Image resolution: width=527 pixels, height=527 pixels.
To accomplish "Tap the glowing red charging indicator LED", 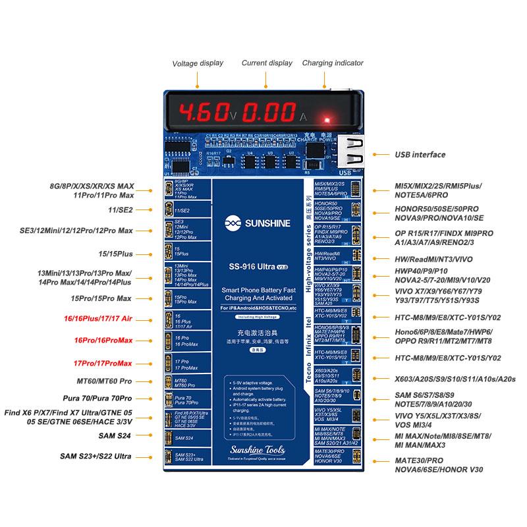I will (x=325, y=120).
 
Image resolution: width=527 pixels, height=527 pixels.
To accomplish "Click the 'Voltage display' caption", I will (x=198, y=64).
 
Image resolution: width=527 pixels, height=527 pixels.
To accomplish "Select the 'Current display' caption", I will (x=267, y=63).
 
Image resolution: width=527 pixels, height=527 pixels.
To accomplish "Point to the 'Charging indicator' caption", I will (x=333, y=63).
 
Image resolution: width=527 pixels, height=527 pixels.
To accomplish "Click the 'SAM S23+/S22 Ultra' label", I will (x=96, y=457).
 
